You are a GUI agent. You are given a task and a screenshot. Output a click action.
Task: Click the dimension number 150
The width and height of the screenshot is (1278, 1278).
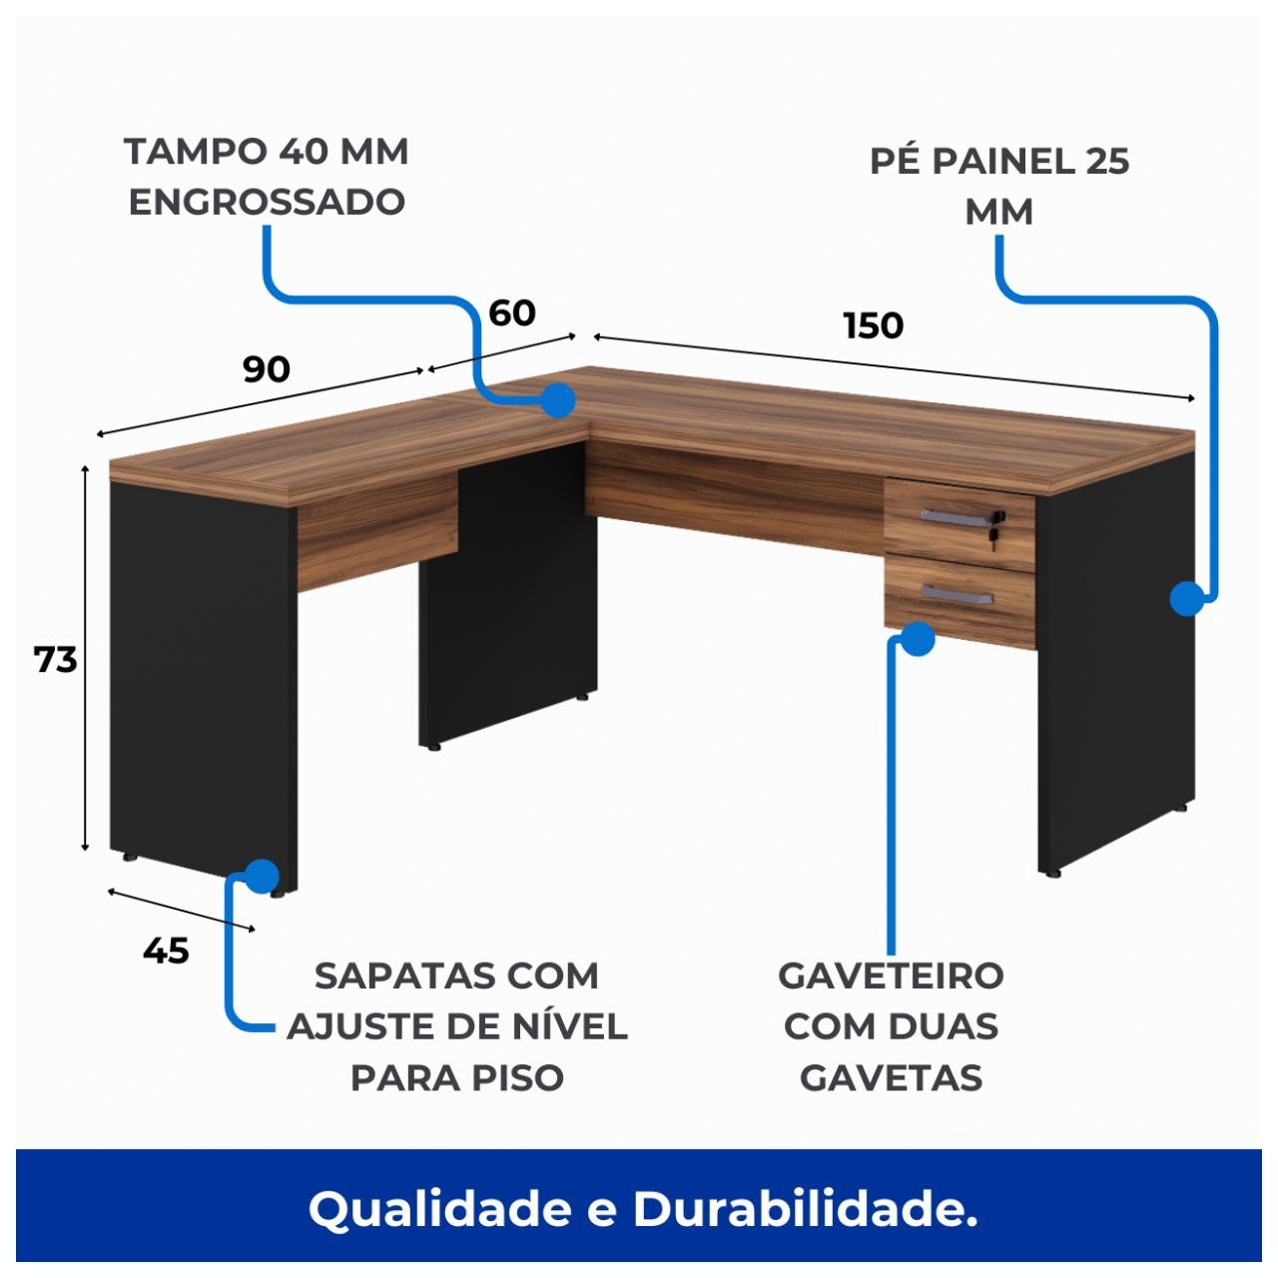coord(874,325)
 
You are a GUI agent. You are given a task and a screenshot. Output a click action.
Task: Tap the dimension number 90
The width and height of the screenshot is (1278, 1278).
coord(267,369)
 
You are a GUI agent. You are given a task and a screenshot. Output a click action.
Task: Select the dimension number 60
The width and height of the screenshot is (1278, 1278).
coord(512,314)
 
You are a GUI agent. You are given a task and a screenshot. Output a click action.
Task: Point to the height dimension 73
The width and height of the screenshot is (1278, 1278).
coord(56,660)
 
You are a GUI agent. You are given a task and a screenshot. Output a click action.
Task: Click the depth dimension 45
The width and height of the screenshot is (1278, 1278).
coord(166,951)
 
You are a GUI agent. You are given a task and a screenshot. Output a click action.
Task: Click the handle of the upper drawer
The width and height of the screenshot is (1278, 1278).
coord(955,515)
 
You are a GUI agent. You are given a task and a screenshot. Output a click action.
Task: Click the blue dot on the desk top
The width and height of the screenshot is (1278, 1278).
coord(557,400)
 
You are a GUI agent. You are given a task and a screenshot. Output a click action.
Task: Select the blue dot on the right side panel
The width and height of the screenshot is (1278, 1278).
coord(1186,599)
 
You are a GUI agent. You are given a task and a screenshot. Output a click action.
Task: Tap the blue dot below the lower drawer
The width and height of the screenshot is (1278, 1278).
coord(917,638)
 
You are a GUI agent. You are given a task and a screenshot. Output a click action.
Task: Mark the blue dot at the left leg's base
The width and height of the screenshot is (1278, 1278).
coord(261,876)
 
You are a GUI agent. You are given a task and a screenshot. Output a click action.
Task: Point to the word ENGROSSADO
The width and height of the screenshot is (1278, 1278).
coord(267,202)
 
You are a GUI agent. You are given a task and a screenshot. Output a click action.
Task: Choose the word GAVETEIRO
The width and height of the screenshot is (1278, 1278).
coord(891,975)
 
